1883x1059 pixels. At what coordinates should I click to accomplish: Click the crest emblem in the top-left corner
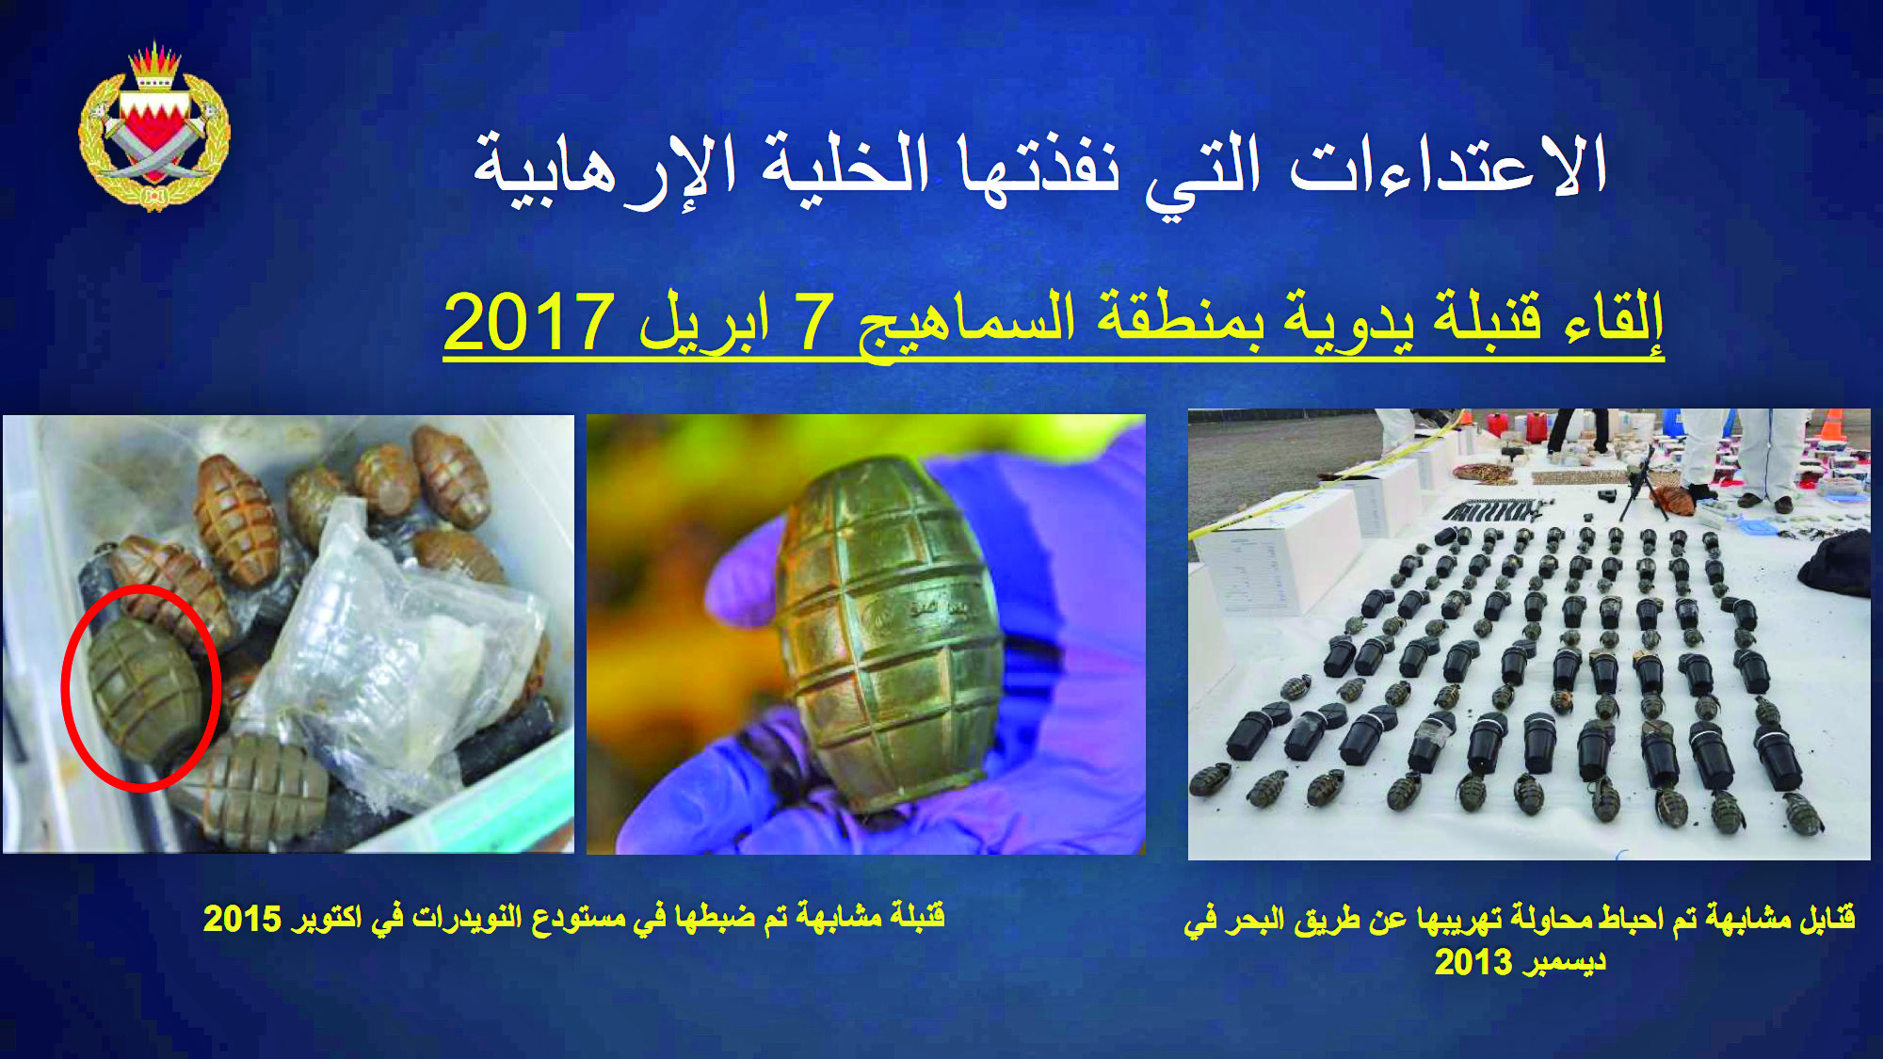tap(154, 126)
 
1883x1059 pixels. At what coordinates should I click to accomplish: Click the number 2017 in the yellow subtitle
tap(529, 322)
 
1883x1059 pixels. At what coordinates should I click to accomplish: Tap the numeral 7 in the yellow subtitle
tap(814, 322)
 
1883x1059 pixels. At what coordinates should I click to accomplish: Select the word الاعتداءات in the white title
tap(1447, 166)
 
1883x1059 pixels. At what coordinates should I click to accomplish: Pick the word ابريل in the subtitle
tap(706, 325)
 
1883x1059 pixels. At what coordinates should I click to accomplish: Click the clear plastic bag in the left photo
tap(395, 650)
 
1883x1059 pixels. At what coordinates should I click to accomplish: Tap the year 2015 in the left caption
tap(242, 919)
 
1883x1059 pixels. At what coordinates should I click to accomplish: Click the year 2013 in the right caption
tap(1473, 962)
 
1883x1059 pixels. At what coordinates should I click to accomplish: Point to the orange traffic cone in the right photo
tap(1833, 424)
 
